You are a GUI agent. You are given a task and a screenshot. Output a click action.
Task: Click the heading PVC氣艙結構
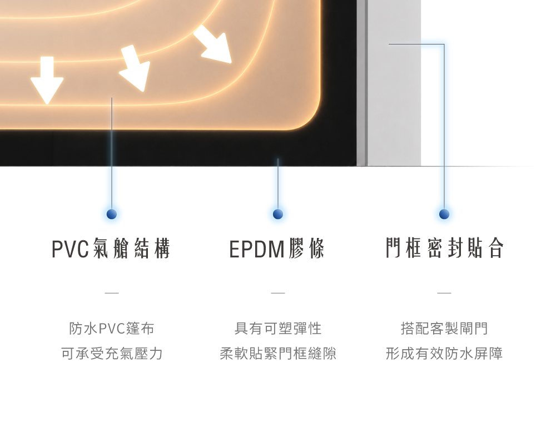111,249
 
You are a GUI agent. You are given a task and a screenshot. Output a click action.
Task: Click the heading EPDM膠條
277,249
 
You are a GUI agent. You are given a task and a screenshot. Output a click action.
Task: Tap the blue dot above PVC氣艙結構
112,214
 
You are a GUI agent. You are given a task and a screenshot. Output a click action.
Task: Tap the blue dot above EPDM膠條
278,214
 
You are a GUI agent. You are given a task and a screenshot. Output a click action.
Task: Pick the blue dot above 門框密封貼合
444,214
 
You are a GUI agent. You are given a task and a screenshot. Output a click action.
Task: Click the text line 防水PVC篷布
112,329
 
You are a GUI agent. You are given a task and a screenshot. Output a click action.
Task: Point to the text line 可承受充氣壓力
112,354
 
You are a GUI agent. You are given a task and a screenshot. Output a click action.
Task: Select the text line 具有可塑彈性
278,329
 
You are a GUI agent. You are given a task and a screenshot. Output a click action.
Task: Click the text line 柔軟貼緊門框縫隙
278,354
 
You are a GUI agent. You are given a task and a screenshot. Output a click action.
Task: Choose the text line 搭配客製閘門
444,329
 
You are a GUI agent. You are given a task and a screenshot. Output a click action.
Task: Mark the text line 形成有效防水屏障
444,354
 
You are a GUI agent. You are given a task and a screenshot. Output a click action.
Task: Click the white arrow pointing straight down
47,80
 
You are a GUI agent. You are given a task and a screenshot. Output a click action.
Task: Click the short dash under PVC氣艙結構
112,293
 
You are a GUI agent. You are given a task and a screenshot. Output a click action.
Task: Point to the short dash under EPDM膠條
278,293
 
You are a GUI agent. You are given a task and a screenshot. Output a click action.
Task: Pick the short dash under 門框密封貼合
444,293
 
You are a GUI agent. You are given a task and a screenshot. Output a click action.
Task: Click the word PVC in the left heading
70,249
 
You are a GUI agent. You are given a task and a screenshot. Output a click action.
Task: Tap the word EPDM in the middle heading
257,249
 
